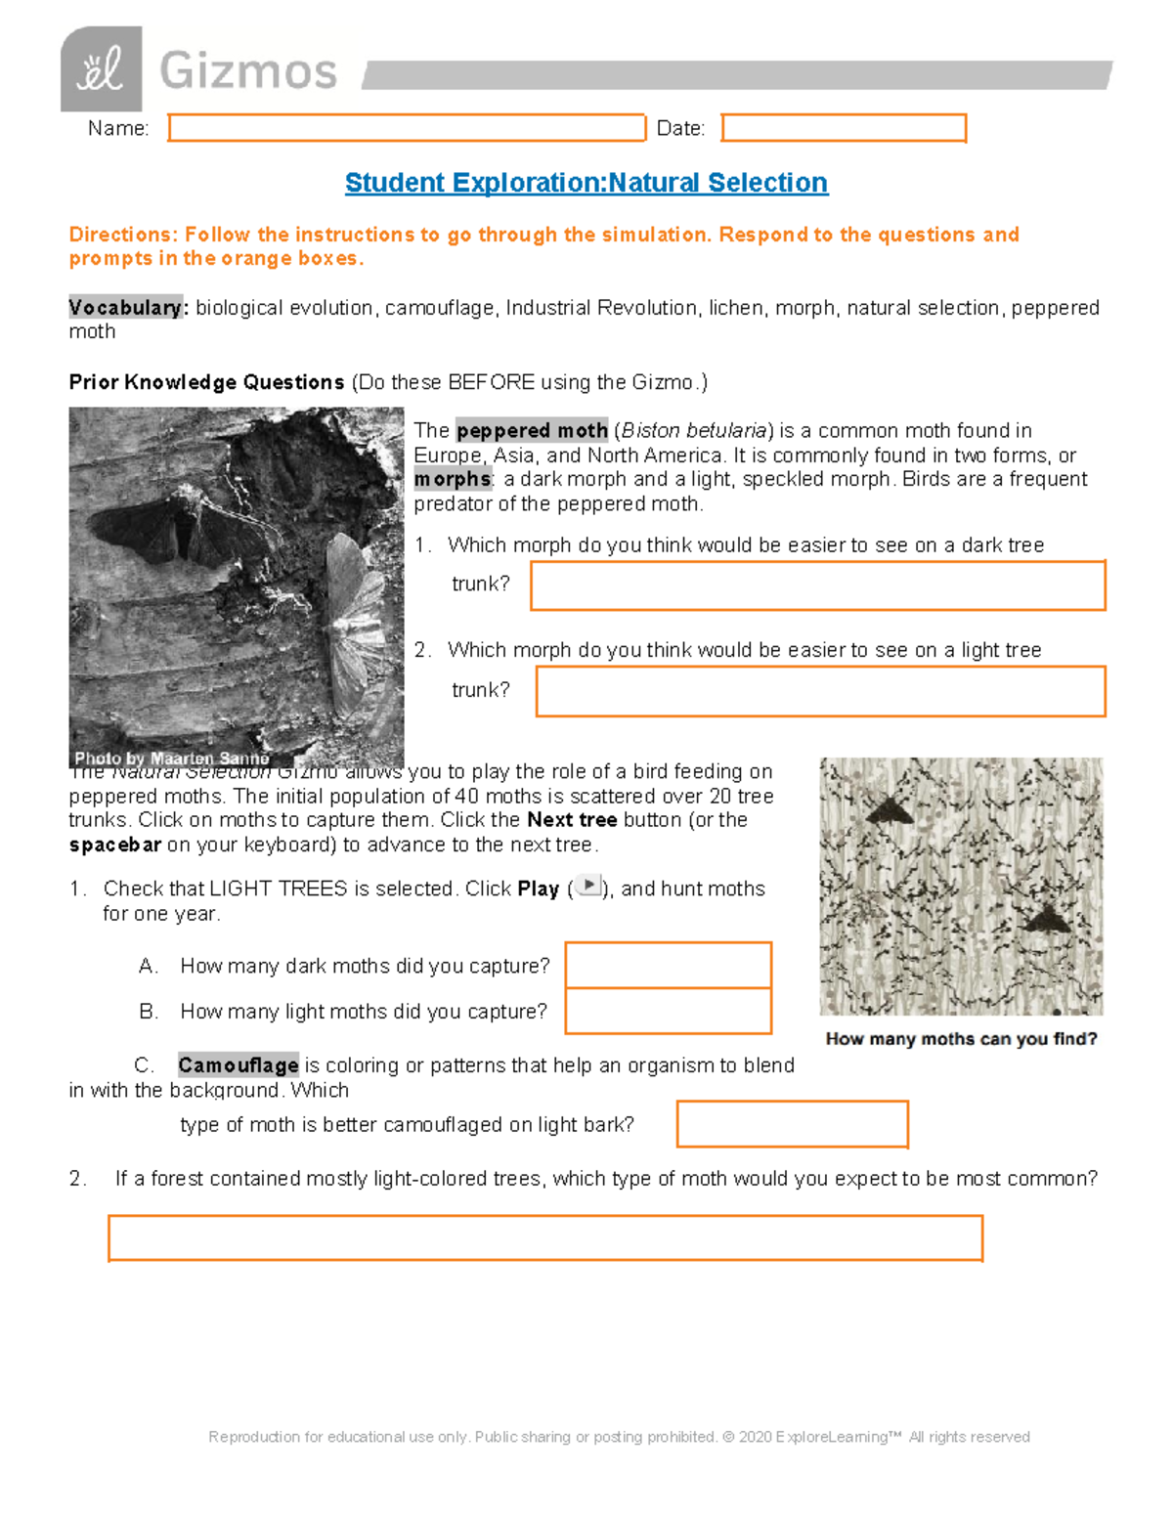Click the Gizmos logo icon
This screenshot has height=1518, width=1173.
click(101, 69)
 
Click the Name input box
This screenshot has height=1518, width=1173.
click(407, 128)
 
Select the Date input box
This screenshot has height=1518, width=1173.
click(844, 128)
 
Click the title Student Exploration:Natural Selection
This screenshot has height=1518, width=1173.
click(586, 183)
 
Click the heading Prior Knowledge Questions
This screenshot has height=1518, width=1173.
click(206, 382)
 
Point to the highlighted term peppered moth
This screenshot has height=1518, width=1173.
click(532, 431)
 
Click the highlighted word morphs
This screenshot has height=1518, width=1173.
click(453, 479)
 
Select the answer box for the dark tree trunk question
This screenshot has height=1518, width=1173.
click(817, 586)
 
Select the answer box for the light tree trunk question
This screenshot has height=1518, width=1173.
click(820, 691)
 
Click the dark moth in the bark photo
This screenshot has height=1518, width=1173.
click(186, 528)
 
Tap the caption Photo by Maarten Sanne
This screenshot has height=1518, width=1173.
click(171, 759)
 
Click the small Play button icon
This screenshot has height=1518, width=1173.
click(588, 886)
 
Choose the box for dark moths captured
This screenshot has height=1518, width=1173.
click(669, 965)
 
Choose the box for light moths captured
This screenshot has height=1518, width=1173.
click(669, 1011)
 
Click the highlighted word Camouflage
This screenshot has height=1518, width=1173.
click(239, 1065)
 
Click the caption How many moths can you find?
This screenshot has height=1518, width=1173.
click(961, 1039)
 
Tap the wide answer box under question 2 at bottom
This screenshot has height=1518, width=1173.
click(544, 1238)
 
